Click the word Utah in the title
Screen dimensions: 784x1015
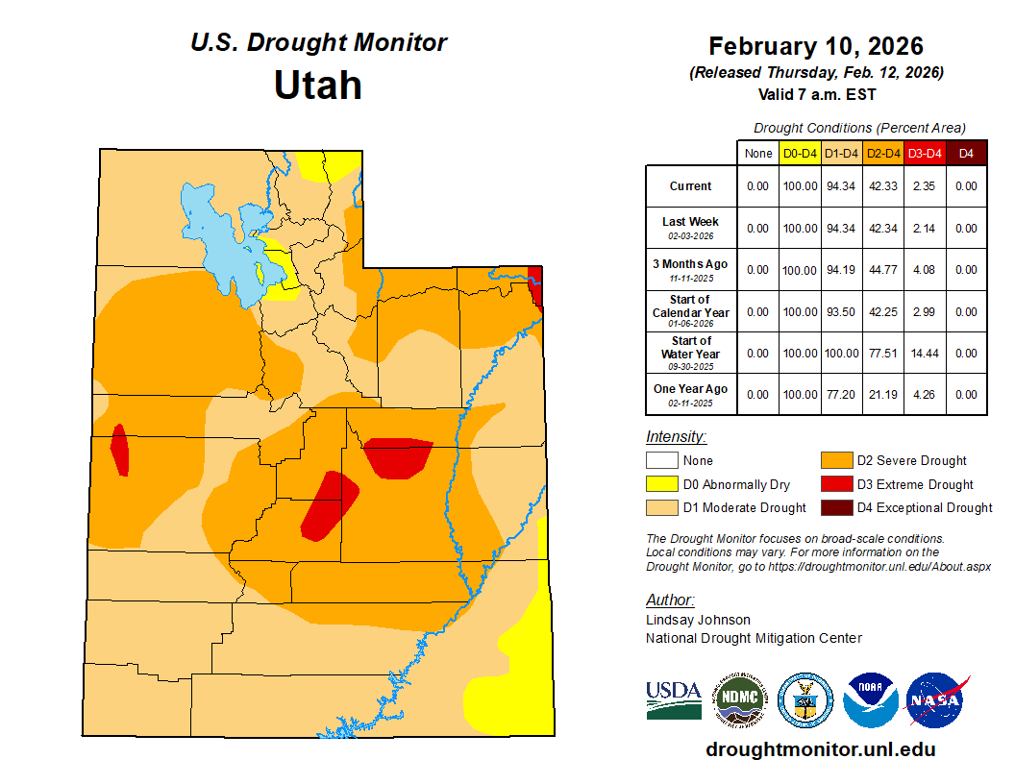(x=317, y=86)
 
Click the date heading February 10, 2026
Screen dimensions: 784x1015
(x=815, y=46)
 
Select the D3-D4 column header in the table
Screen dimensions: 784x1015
(x=925, y=153)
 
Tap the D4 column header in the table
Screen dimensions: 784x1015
(x=967, y=153)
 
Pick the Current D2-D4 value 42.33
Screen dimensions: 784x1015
(x=882, y=186)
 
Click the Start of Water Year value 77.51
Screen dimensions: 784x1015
(x=882, y=354)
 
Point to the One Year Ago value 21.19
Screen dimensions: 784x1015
(x=882, y=394)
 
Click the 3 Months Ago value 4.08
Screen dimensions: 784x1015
(x=925, y=270)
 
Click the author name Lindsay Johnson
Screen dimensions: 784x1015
(x=698, y=620)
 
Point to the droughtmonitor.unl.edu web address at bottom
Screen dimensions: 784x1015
(x=820, y=749)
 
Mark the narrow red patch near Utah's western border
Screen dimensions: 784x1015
(x=120, y=450)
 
